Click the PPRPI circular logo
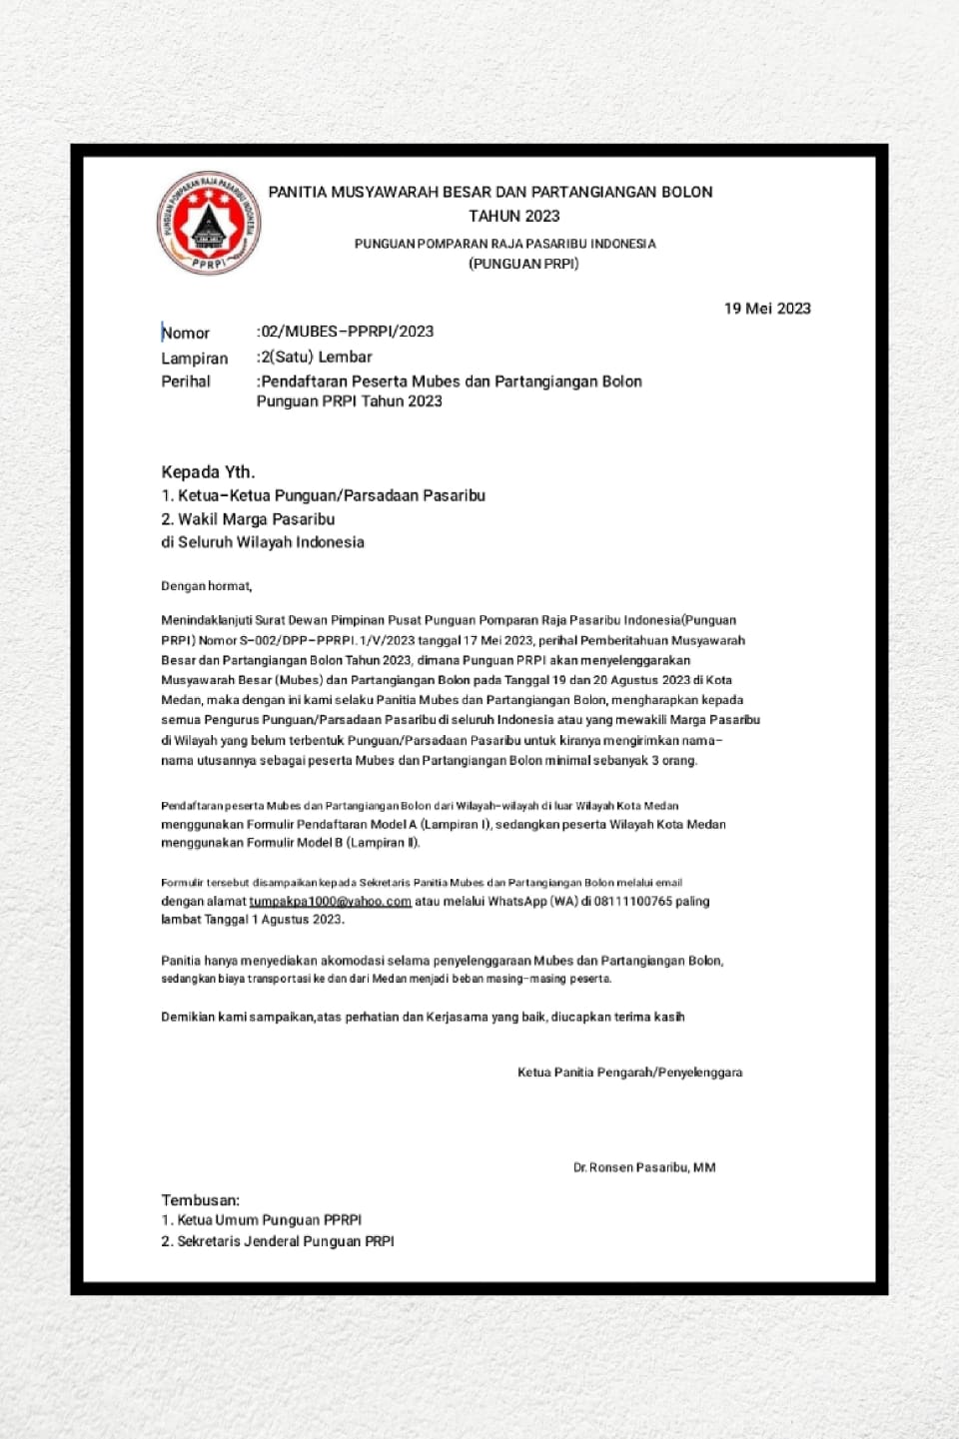pyautogui.click(x=209, y=223)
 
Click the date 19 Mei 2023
pyautogui.click(x=767, y=309)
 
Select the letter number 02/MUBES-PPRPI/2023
pyautogui.click(x=347, y=332)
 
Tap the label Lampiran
pyautogui.click(x=195, y=359)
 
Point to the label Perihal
pyautogui.click(x=186, y=381)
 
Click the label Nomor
pyautogui.click(x=186, y=334)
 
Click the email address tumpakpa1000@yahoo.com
pyautogui.click(x=330, y=901)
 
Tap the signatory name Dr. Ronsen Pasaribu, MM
pyautogui.click(x=644, y=1167)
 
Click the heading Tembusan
pyautogui.click(x=201, y=1200)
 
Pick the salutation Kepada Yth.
pyautogui.click(x=208, y=472)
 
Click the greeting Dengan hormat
pyautogui.click(x=207, y=586)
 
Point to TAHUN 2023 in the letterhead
pyautogui.click(x=514, y=216)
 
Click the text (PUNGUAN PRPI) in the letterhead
pyautogui.click(x=523, y=264)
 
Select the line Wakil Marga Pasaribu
pyautogui.click(x=256, y=519)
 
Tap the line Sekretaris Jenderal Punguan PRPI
pyautogui.click(x=285, y=1241)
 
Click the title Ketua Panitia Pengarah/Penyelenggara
pyautogui.click(x=629, y=1073)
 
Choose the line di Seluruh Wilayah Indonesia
pyautogui.click(x=263, y=542)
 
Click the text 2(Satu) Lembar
pyautogui.click(x=316, y=357)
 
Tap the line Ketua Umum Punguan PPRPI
pyautogui.click(x=269, y=1220)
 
